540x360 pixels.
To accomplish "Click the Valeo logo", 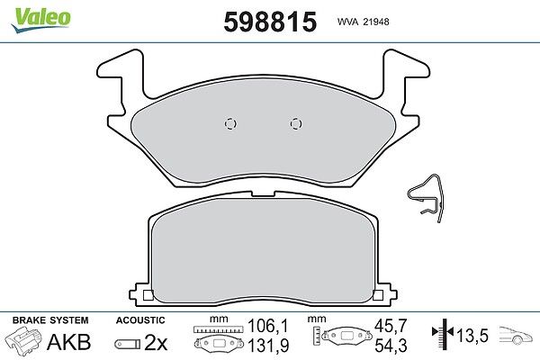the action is coord(40,20).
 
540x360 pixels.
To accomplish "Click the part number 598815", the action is coord(270,22).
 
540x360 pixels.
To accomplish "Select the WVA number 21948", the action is coord(375,22).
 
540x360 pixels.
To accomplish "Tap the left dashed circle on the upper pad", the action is coord(230,123).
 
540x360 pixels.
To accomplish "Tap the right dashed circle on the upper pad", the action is coord(296,123).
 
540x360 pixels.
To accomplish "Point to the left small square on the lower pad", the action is coord(148,295).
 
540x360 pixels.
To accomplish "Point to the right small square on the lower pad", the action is coord(378,295).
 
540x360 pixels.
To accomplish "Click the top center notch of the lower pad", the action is coord(263,194).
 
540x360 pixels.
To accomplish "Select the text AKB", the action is coord(69,342).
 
